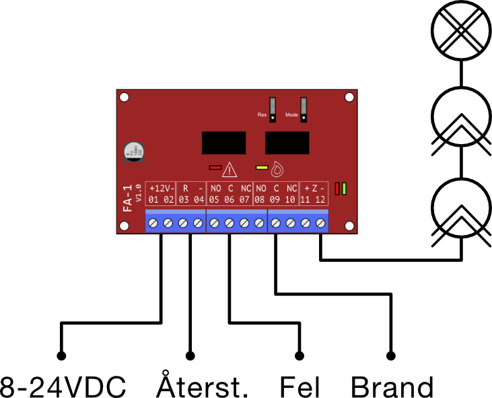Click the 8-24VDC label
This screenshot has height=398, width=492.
[x=63, y=387]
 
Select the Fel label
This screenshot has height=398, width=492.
[x=300, y=387]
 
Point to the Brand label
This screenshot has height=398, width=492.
[x=392, y=387]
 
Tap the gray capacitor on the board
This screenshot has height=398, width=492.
[x=132, y=151]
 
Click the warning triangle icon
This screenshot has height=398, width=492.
[x=230, y=168]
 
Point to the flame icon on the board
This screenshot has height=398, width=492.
[x=277, y=167]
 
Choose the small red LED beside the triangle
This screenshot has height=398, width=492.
[x=215, y=167]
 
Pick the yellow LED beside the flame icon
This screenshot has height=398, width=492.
[x=261, y=167]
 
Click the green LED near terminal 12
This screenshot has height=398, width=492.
[x=344, y=189]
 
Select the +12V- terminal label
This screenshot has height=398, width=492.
[x=161, y=188]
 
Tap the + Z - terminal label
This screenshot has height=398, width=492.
[x=314, y=188]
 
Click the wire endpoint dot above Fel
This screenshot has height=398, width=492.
[x=300, y=356]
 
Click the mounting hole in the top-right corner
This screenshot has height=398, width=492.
[x=349, y=98]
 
